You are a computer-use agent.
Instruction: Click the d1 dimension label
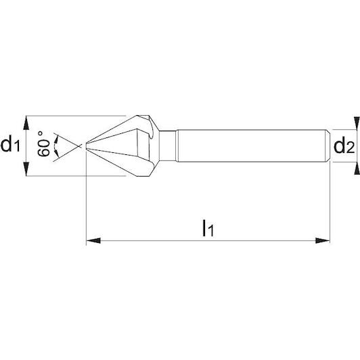(x=10, y=145)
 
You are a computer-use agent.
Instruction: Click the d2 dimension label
(x=344, y=146)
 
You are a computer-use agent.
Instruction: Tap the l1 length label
(x=208, y=228)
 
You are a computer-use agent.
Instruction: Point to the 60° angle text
(x=43, y=144)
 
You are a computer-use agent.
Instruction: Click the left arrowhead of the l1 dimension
(x=93, y=241)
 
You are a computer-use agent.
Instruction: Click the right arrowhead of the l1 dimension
(x=323, y=241)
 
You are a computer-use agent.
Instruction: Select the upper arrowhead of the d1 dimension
(x=26, y=123)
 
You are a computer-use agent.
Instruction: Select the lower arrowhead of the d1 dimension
(x=26, y=169)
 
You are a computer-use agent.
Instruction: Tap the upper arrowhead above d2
(x=357, y=123)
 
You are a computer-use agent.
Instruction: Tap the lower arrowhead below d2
(x=357, y=168)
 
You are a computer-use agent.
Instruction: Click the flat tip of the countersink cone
(x=86, y=146)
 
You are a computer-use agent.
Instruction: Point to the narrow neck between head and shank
(x=168, y=145)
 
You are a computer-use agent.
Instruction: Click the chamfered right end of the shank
(x=328, y=145)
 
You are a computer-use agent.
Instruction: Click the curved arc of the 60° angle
(x=55, y=146)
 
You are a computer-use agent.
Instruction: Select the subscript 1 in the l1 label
(x=211, y=231)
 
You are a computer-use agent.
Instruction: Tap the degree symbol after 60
(x=41, y=133)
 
